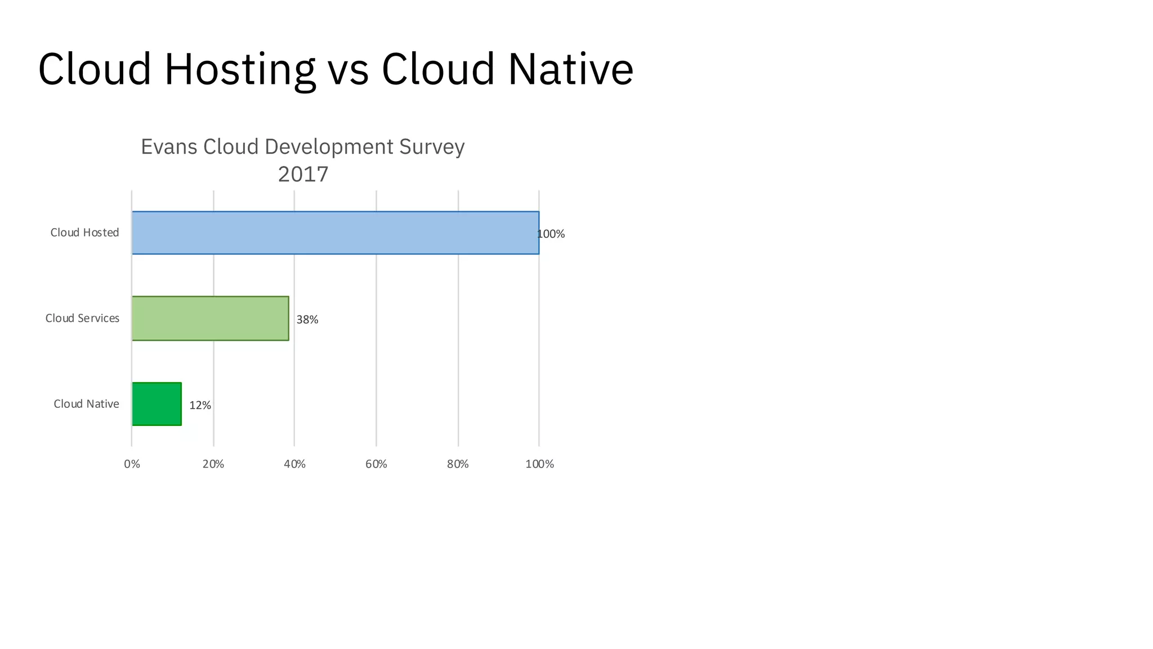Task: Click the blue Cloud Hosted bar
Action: click(x=336, y=233)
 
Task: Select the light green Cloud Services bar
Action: click(x=211, y=318)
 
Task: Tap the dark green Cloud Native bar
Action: click(x=157, y=404)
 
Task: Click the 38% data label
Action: click(x=307, y=320)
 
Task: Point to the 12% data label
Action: click(x=200, y=406)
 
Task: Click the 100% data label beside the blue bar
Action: click(x=551, y=234)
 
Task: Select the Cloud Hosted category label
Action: click(x=85, y=233)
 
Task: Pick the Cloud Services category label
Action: click(x=82, y=318)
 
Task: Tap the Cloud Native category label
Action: click(x=86, y=404)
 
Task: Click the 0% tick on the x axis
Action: click(x=132, y=464)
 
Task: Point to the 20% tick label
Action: click(x=213, y=464)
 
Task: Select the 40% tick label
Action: click(x=294, y=464)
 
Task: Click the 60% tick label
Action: click(x=376, y=464)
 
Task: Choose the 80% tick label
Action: click(x=458, y=464)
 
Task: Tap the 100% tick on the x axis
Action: click(x=539, y=464)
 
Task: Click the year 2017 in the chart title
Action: click(x=303, y=174)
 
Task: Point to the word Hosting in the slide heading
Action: click(x=240, y=69)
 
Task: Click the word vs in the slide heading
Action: click(x=348, y=70)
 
